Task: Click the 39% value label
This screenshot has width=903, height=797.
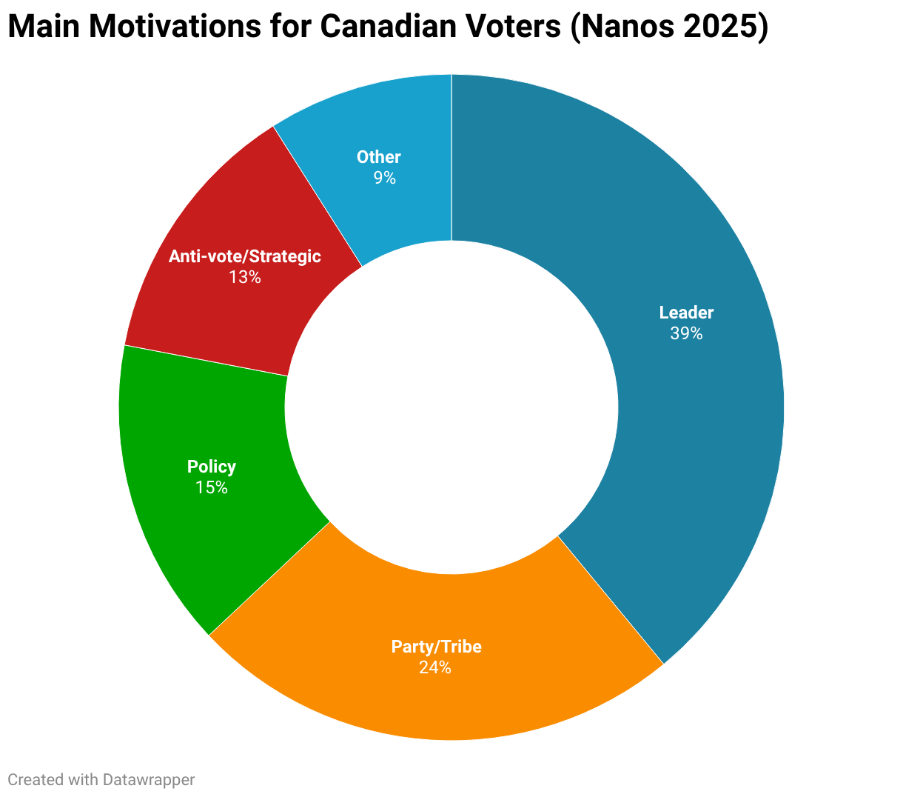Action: pos(686,333)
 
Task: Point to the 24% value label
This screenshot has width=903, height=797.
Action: pos(435,667)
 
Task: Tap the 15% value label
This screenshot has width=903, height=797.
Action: pos(211,487)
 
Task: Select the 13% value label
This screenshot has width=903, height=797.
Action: pos(245,277)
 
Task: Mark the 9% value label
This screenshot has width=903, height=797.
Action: pos(384,178)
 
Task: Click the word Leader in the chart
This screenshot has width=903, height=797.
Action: pos(686,313)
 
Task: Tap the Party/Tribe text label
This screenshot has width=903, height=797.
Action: pos(437,647)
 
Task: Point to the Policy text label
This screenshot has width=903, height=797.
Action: pos(211,467)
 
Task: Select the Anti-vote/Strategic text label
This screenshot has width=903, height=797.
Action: pos(245,256)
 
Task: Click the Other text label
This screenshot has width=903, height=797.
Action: pos(378,157)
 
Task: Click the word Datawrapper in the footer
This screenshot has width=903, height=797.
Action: pos(149,780)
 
